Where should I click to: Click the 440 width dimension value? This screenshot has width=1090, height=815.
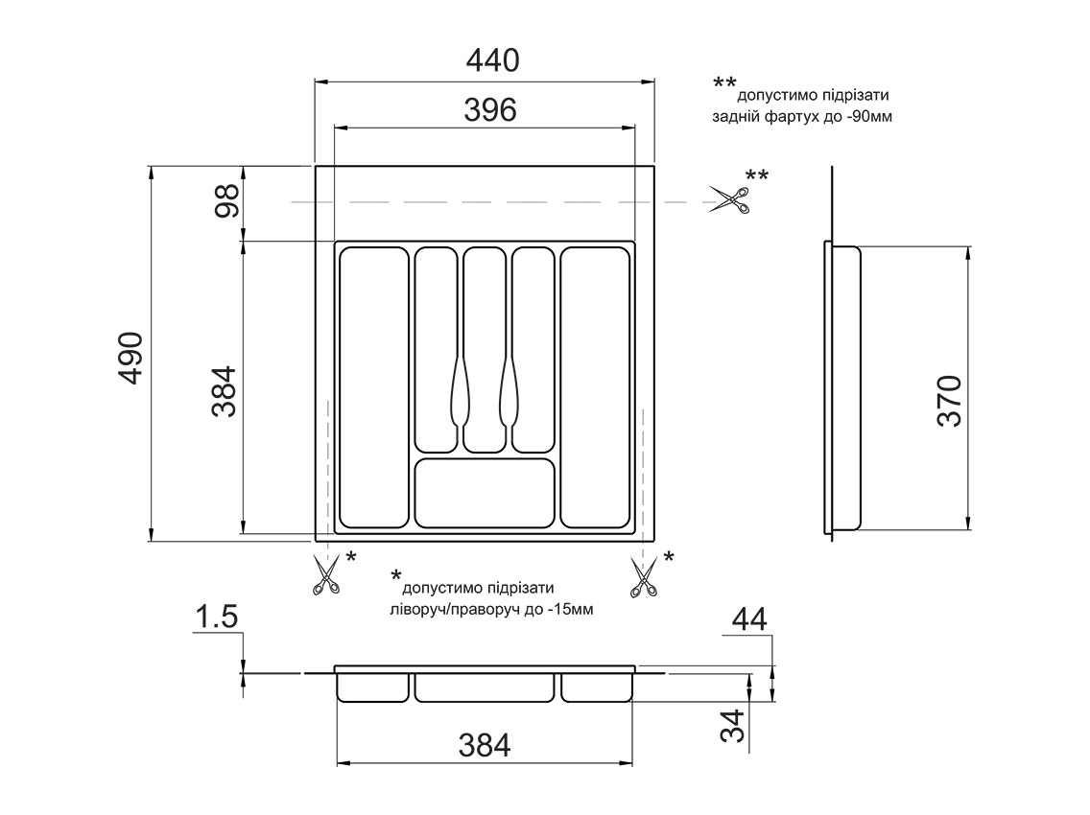click(492, 60)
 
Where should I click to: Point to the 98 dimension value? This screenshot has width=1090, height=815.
click(226, 203)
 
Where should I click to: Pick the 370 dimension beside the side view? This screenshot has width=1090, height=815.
click(949, 400)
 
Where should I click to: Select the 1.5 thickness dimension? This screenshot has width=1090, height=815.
click(216, 618)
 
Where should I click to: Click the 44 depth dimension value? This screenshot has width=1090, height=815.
click(749, 619)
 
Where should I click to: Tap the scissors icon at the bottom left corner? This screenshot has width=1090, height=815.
click(326, 577)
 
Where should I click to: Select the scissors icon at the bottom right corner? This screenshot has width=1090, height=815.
click(643, 578)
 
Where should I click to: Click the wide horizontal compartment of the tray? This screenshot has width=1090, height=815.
click(486, 493)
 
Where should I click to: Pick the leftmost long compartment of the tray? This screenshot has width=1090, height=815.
click(373, 387)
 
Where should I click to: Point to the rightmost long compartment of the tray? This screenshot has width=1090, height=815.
click(595, 387)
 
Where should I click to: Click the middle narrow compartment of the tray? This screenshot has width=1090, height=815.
click(485, 350)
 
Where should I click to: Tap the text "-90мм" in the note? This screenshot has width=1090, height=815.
click(872, 116)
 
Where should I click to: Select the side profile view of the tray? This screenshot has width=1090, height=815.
click(843, 387)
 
